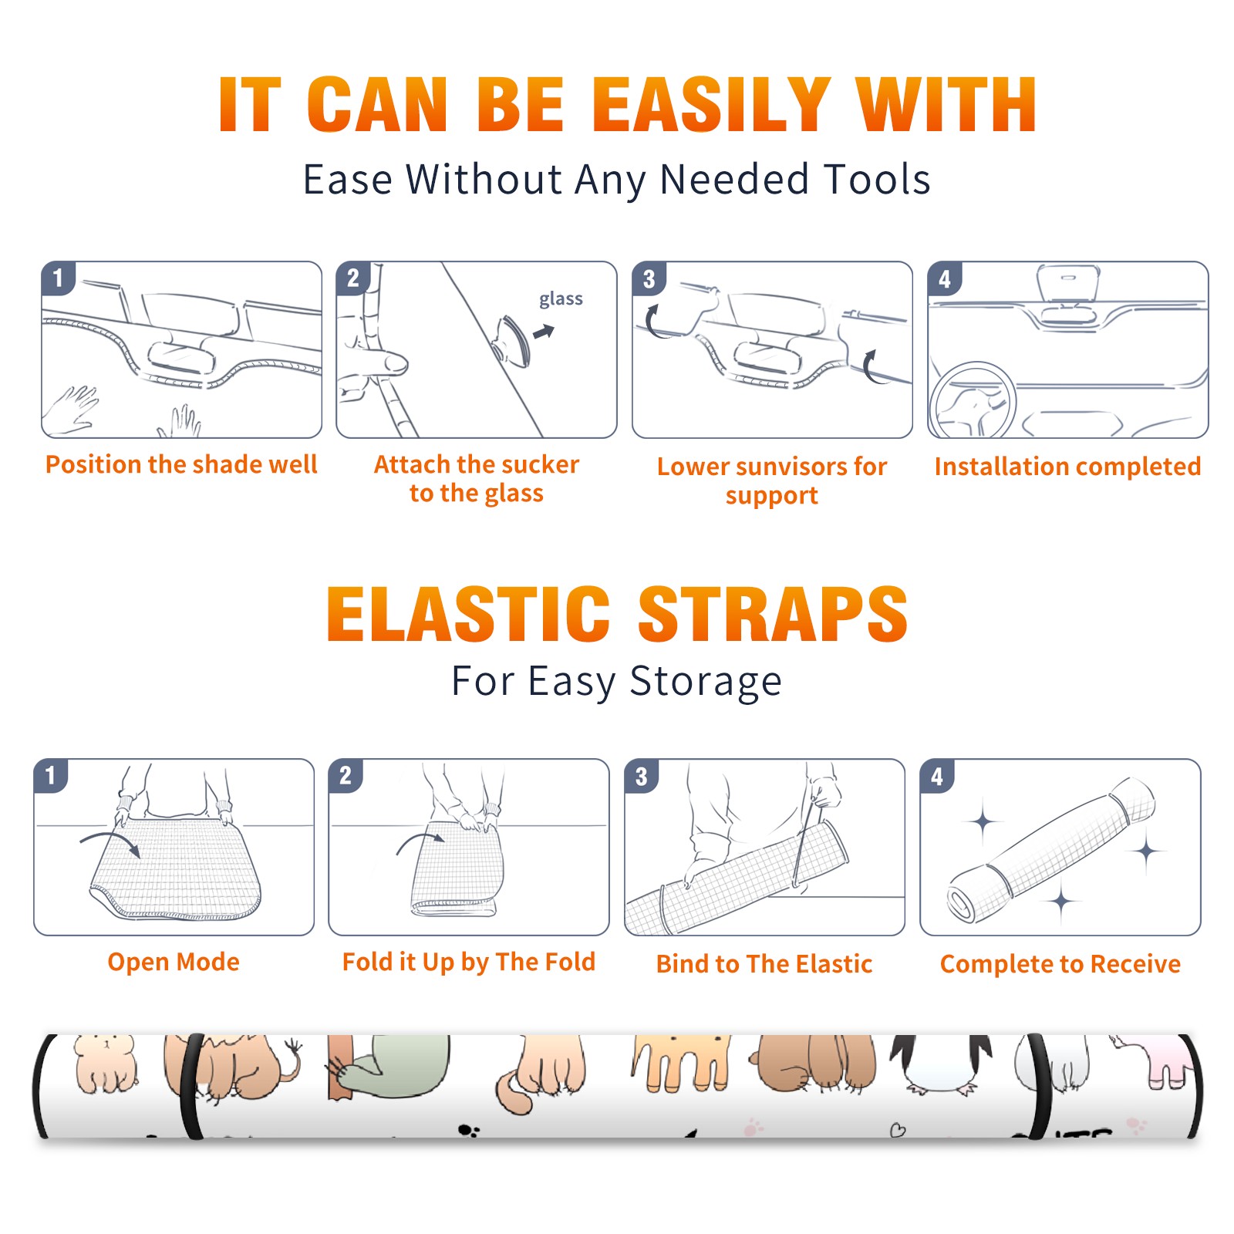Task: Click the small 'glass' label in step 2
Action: pos(561,299)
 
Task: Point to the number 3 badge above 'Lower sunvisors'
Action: pos(649,278)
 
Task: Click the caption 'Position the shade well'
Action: pos(181,464)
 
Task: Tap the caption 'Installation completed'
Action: pos(1067,466)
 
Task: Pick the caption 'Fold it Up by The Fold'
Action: pos(469,962)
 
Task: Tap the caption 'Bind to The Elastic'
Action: pos(764,964)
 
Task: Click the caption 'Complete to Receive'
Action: pos(1060,964)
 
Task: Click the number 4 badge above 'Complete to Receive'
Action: pos(937,776)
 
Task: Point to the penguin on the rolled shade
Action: pos(941,1064)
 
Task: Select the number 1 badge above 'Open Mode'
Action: pos(51,776)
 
